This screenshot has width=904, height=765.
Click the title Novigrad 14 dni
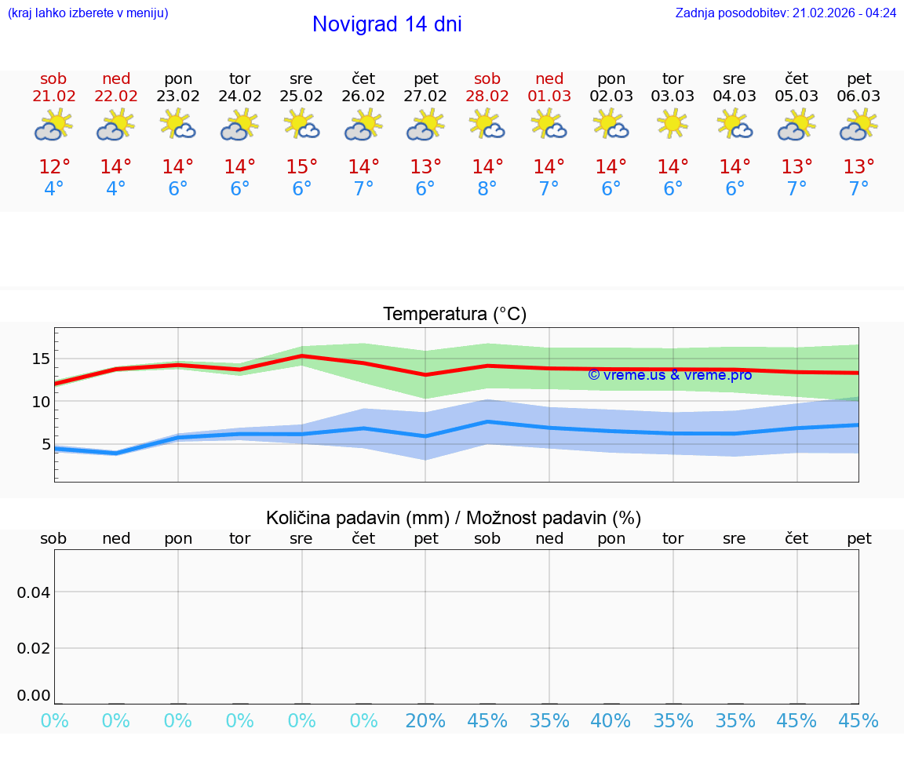click(x=387, y=24)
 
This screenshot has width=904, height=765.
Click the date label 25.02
click(x=301, y=97)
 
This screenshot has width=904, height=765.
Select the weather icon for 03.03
click(x=673, y=125)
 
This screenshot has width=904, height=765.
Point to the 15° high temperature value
click(x=301, y=167)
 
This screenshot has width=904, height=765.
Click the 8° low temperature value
click(x=487, y=189)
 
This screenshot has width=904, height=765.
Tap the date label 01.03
click(x=549, y=97)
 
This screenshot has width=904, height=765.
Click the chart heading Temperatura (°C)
click(x=454, y=315)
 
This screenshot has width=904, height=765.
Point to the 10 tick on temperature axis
click(x=40, y=402)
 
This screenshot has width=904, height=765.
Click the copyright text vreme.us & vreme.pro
click(x=669, y=375)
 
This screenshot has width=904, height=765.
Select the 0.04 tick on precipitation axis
click(x=34, y=592)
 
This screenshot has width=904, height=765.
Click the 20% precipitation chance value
click(x=425, y=721)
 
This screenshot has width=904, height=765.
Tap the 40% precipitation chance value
click(x=611, y=721)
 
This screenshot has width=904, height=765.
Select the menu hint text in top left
click(x=87, y=13)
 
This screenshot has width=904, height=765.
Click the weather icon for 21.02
click(x=53, y=125)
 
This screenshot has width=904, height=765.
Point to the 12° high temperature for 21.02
click(x=54, y=167)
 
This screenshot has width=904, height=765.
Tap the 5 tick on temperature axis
click(x=46, y=444)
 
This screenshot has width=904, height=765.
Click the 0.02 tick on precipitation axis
click(x=34, y=648)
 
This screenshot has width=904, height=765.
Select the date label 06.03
click(x=859, y=97)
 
